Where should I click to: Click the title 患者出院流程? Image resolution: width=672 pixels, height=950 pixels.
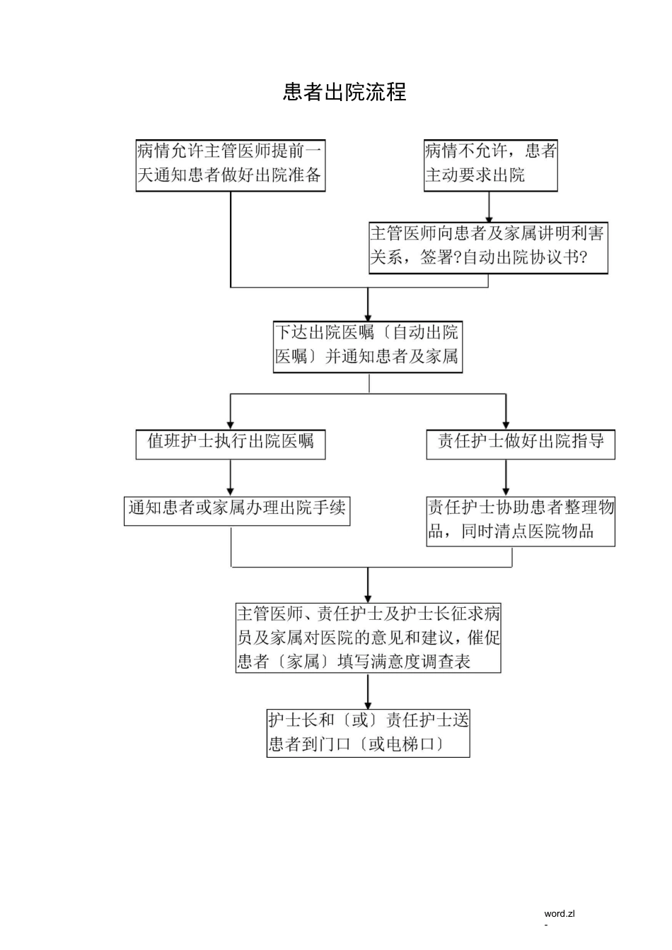click(x=344, y=92)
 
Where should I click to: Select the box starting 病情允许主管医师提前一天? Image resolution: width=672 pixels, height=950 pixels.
click(x=231, y=165)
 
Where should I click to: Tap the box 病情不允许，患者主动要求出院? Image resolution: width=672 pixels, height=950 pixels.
click(x=490, y=165)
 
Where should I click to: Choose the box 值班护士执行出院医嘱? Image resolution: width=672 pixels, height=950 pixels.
click(x=231, y=444)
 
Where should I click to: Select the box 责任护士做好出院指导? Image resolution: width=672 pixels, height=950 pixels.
click(x=520, y=444)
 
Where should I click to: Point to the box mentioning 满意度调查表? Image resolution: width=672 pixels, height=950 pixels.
click(x=368, y=638)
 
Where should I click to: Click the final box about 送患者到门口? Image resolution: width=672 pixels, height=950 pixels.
click(x=368, y=733)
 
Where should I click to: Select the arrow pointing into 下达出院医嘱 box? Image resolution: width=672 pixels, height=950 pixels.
click(x=368, y=305)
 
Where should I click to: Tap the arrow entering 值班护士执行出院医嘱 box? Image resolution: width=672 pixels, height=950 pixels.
click(x=231, y=411)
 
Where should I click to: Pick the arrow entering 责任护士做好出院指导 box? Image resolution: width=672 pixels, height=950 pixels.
click(x=506, y=411)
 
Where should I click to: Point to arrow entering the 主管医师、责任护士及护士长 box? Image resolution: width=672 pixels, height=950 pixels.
click(x=368, y=585)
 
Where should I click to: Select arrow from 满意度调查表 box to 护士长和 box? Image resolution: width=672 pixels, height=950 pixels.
click(x=368, y=691)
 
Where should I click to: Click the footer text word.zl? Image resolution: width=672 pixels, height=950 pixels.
click(x=560, y=913)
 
